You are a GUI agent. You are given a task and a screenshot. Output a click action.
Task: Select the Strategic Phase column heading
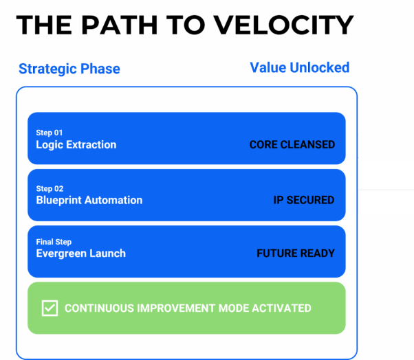point(69,69)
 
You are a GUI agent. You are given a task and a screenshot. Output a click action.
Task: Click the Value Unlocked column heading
point(299,67)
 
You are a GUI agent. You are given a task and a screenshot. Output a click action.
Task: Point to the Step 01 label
point(50,133)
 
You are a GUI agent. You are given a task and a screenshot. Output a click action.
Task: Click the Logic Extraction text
point(76,145)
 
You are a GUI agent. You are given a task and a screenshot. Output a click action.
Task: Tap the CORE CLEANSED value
point(292,145)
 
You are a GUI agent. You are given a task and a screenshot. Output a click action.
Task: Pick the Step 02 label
point(50,189)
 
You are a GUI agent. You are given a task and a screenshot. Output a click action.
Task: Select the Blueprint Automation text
point(89,201)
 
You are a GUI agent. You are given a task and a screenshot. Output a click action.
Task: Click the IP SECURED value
point(303,201)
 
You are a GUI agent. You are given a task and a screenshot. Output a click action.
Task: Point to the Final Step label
point(54,242)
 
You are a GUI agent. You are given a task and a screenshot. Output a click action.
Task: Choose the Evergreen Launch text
point(80,254)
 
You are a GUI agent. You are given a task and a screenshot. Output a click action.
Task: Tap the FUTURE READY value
point(295,254)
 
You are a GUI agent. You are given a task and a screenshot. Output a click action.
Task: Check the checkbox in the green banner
point(50,308)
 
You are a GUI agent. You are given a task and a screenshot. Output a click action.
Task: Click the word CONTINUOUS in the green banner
point(97,308)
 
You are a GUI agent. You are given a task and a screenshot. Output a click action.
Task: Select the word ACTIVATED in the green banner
point(282,308)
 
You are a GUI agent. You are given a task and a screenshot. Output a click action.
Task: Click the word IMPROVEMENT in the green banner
point(173,308)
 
